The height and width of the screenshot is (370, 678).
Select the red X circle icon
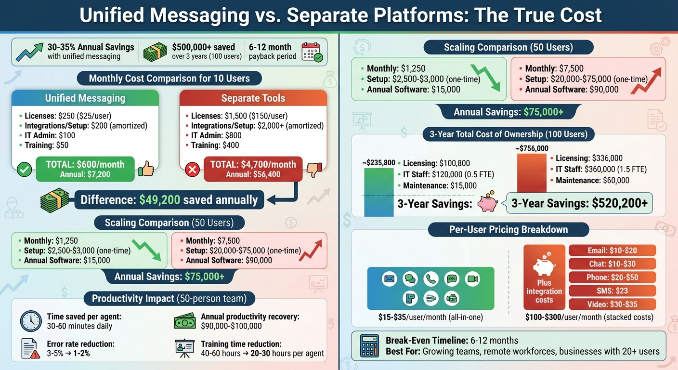tap(193, 169)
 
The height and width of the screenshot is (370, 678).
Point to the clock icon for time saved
tap(31, 321)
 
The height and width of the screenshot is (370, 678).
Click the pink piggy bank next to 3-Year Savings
tap(487, 203)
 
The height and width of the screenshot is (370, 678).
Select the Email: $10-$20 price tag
tap(613, 251)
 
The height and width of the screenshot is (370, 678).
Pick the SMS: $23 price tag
tap(613, 291)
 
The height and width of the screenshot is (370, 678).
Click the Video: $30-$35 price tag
tap(613, 304)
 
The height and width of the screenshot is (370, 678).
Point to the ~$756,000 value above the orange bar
tap(531, 149)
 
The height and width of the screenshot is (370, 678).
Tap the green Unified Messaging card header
tap(85, 98)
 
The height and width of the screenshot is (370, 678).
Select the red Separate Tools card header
tap(253, 98)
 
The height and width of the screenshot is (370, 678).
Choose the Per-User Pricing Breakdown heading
tap(508, 229)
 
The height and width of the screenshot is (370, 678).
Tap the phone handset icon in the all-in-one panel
tap(430, 279)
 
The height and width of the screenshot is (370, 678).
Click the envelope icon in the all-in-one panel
tap(389, 279)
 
